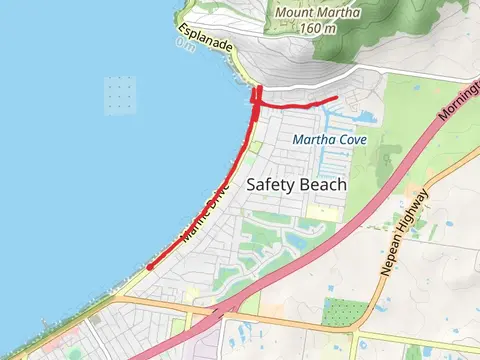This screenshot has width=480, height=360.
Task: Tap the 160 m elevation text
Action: pyautogui.click(x=318, y=28)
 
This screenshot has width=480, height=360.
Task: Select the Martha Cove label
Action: pyautogui.click(x=331, y=139)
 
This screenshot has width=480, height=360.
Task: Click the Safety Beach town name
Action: pyautogui.click(x=296, y=185)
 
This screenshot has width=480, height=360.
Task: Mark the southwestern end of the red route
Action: pyautogui.click(x=149, y=267)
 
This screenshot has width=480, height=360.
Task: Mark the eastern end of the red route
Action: pyautogui.click(x=336, y=98)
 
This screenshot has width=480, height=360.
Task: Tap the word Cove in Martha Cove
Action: pyautogui.click(x=353, y=139)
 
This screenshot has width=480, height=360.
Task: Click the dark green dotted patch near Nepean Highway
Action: pyautogui.click(x=343, y=313)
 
